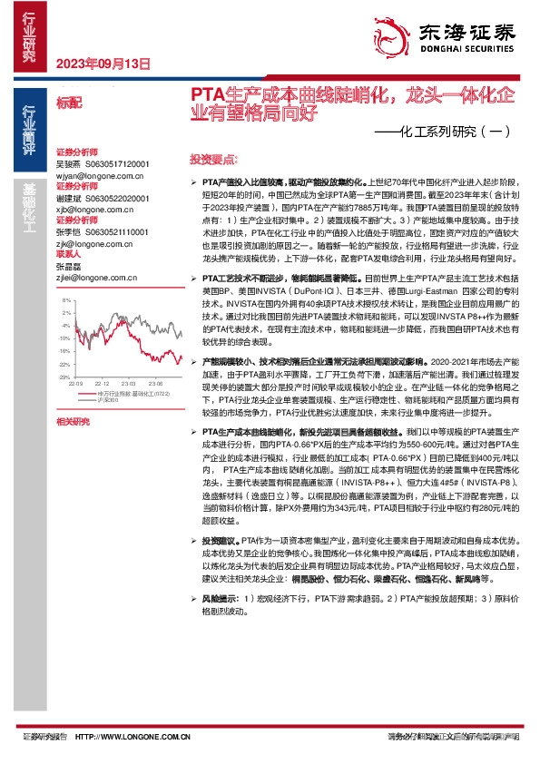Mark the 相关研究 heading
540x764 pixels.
click(73, 422)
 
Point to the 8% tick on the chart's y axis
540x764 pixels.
click(66, 299)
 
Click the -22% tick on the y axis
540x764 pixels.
click(64, 363)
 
